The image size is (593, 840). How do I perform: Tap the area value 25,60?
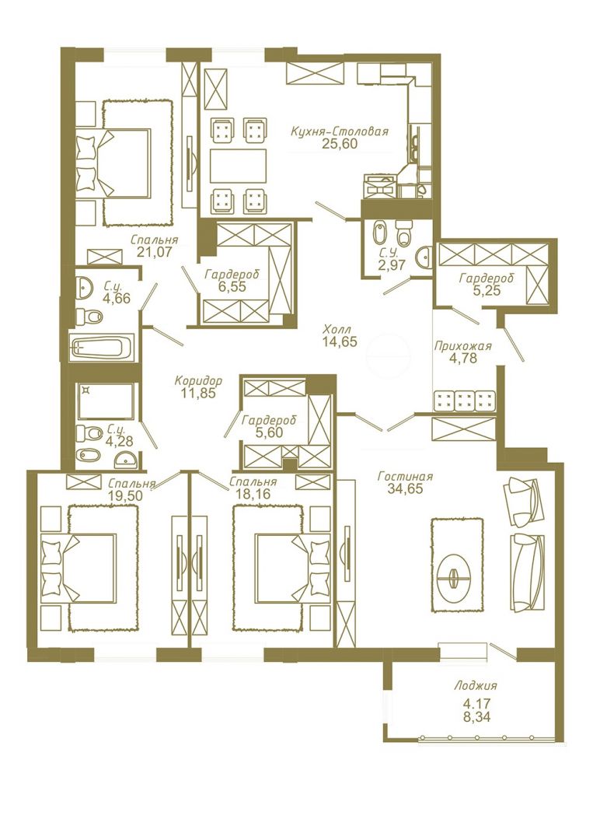(340, 144)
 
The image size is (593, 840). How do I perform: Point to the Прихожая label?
(462, 346)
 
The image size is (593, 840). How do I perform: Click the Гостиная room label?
(405, 476)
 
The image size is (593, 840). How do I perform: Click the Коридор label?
(198, 381)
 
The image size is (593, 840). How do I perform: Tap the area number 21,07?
(155, 251)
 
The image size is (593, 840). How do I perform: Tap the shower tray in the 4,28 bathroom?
(106, 401)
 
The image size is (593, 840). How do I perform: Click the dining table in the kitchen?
(238, 166)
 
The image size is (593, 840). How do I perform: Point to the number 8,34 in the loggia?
(476, 717)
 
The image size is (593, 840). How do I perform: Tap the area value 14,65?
(340, 341)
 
